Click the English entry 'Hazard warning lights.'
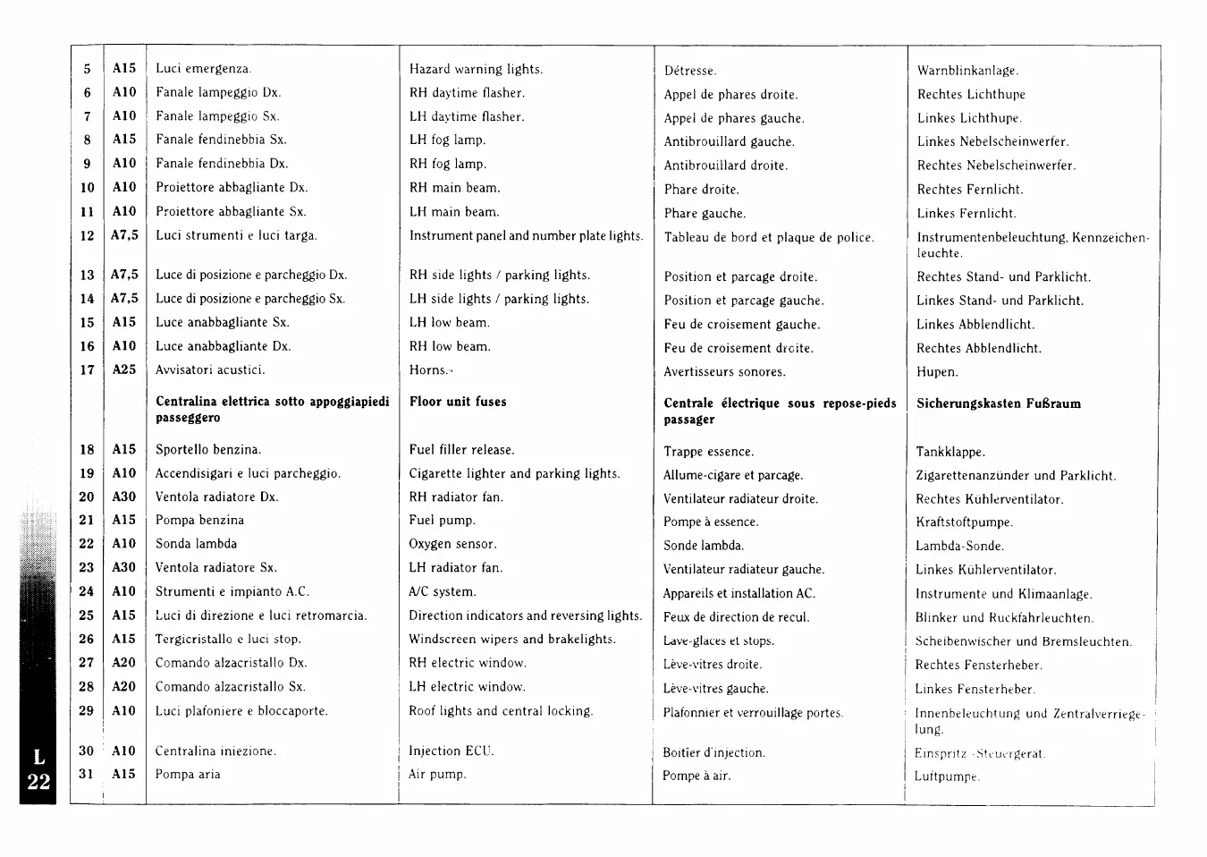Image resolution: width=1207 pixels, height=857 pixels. click(476, 69)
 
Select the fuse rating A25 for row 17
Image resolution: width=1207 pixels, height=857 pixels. click(124, 369)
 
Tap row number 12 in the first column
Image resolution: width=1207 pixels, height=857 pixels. click(87, 236)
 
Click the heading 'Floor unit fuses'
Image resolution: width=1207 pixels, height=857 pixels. click(458, 402)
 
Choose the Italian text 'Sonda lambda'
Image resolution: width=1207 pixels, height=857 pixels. click(196, 544)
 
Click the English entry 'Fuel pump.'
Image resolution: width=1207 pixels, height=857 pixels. click(442, 520)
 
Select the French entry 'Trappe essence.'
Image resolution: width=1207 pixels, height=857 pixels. click(708, 452)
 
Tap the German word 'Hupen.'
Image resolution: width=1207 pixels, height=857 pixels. click(936, 372)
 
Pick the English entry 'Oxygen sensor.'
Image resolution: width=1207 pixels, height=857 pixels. click(452, 544)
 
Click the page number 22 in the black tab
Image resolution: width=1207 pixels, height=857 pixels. click(38, 782)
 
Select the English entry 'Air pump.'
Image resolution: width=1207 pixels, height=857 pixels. click(437, 774)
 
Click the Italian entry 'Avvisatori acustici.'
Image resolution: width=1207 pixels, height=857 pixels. click(210, 369)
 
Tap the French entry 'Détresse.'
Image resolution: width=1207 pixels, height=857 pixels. click(690, 71)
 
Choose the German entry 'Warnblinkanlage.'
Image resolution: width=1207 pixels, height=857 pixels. click(967, 71)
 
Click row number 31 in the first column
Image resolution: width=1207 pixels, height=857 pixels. click(87, 774)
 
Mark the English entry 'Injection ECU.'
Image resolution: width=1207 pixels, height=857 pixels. click(451, 751)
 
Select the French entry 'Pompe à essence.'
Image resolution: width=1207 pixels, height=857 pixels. click(711, 522)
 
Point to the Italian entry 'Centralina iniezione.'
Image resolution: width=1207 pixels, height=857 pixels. click(215, 751)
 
